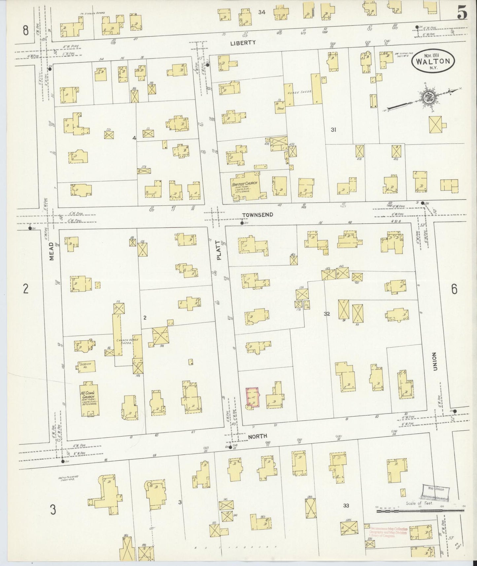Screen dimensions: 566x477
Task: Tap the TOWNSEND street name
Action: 257,215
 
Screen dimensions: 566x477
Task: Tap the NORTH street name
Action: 258,437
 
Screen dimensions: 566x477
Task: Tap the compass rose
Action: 426,97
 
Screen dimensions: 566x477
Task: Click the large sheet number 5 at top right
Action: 461,14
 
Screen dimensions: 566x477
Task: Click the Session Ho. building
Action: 87,365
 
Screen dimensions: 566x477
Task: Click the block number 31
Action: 333,130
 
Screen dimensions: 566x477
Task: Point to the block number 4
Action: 134,138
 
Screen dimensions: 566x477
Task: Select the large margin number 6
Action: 454,290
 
